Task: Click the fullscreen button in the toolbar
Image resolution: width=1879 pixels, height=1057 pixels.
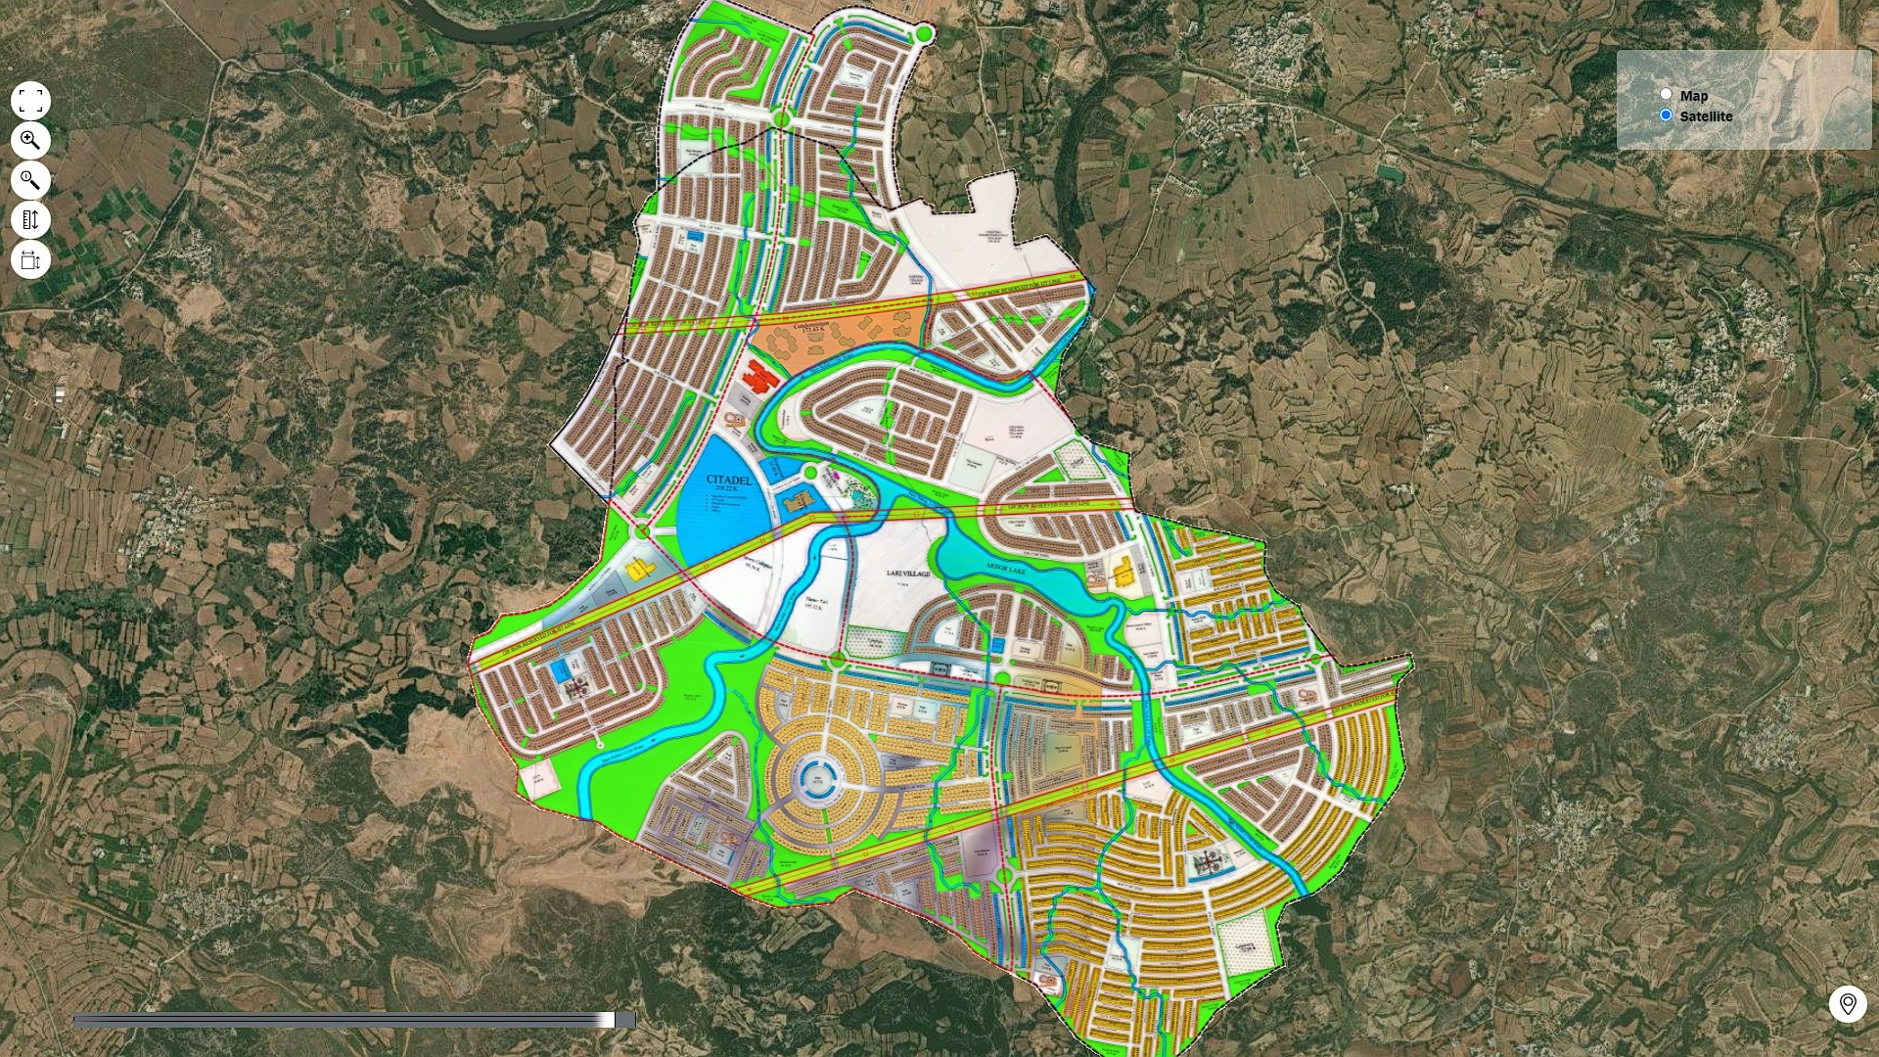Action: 30,101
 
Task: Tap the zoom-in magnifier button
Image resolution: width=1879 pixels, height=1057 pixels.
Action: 30,141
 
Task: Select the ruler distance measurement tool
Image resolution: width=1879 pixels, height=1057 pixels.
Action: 30,220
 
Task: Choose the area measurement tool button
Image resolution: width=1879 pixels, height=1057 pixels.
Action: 30,260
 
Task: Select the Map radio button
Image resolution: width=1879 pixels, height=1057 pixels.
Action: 1666,95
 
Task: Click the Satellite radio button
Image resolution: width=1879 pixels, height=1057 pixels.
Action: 1666,115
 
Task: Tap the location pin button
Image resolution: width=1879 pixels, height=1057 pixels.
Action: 1848,1004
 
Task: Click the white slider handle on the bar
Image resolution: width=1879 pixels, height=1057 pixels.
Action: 608,1020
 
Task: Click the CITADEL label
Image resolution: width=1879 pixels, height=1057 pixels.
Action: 729,480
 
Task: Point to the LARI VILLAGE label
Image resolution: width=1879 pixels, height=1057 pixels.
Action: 908,574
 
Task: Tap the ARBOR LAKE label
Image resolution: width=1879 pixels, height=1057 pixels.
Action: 1004,568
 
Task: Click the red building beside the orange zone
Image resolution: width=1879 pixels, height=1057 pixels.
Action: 760,374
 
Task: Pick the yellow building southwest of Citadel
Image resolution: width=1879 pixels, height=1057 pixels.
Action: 638,569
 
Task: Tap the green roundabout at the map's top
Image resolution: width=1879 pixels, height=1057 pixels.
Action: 924,35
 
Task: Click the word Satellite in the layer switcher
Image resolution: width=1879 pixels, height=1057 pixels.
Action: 1706,116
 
